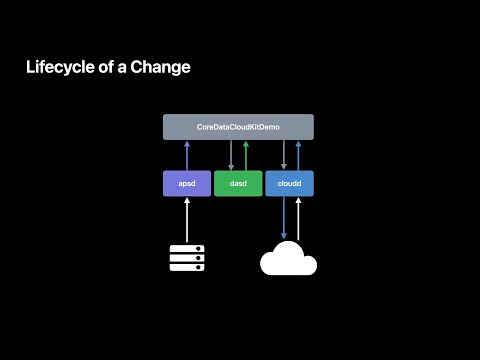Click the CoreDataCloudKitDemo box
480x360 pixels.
click(x=238, y=127)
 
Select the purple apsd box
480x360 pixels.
click(x=187, y=184)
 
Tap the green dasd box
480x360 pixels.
click(x=238, y=184)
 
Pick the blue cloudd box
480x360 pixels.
click(x=290, y=184)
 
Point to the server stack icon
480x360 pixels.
click(x=187, y=257)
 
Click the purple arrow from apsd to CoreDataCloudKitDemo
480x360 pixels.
click(x=187, y=155)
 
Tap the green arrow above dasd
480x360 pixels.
click(x=245, y=155)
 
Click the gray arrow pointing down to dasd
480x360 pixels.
click(x=232, y=155)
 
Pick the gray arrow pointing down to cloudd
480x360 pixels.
click(x=284, y=155)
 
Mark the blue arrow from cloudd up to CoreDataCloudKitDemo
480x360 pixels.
click(x=297, y=155)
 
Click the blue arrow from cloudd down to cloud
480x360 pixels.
click(x=284, y=218)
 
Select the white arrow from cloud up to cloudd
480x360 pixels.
click(x=297, y=218)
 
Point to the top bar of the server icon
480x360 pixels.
click(x=187, y=248)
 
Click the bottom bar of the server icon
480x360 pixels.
click(x=187, y=267)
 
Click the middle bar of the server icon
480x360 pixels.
click(x=187, y=257)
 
